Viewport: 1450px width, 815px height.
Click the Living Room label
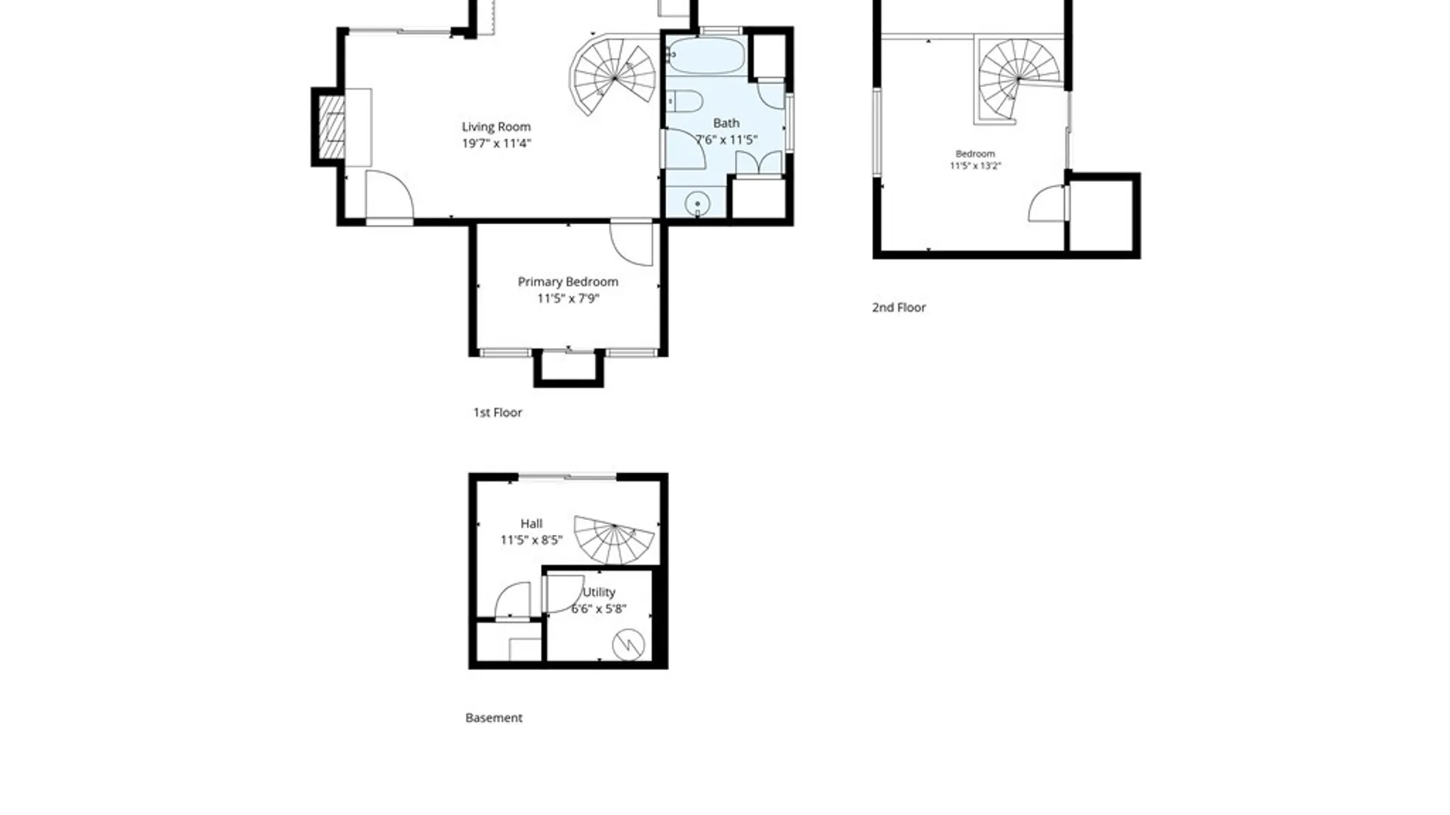(496, 127)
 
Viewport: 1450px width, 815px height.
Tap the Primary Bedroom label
(568, 281)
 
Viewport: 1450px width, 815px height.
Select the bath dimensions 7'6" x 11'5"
(727, 140)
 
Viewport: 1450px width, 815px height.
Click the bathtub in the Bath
(706, 55)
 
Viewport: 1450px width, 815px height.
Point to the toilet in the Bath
(684, 100)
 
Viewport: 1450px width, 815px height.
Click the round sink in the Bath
(697, 204)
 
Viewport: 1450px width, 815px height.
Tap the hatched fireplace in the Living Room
(332, 127)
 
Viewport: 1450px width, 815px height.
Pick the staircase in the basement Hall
(614, 540)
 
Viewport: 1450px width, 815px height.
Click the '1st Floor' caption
(498, 412)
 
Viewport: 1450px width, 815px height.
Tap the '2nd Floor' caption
(899, 307)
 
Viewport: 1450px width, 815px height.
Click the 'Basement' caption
(494, 718)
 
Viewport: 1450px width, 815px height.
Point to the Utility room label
(599, 592)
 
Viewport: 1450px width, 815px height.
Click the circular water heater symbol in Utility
(628, 644)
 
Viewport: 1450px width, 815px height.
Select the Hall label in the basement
(532, 523)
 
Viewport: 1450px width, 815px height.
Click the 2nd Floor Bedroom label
(976, 153)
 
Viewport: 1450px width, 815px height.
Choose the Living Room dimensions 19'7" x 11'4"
(497, 143)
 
